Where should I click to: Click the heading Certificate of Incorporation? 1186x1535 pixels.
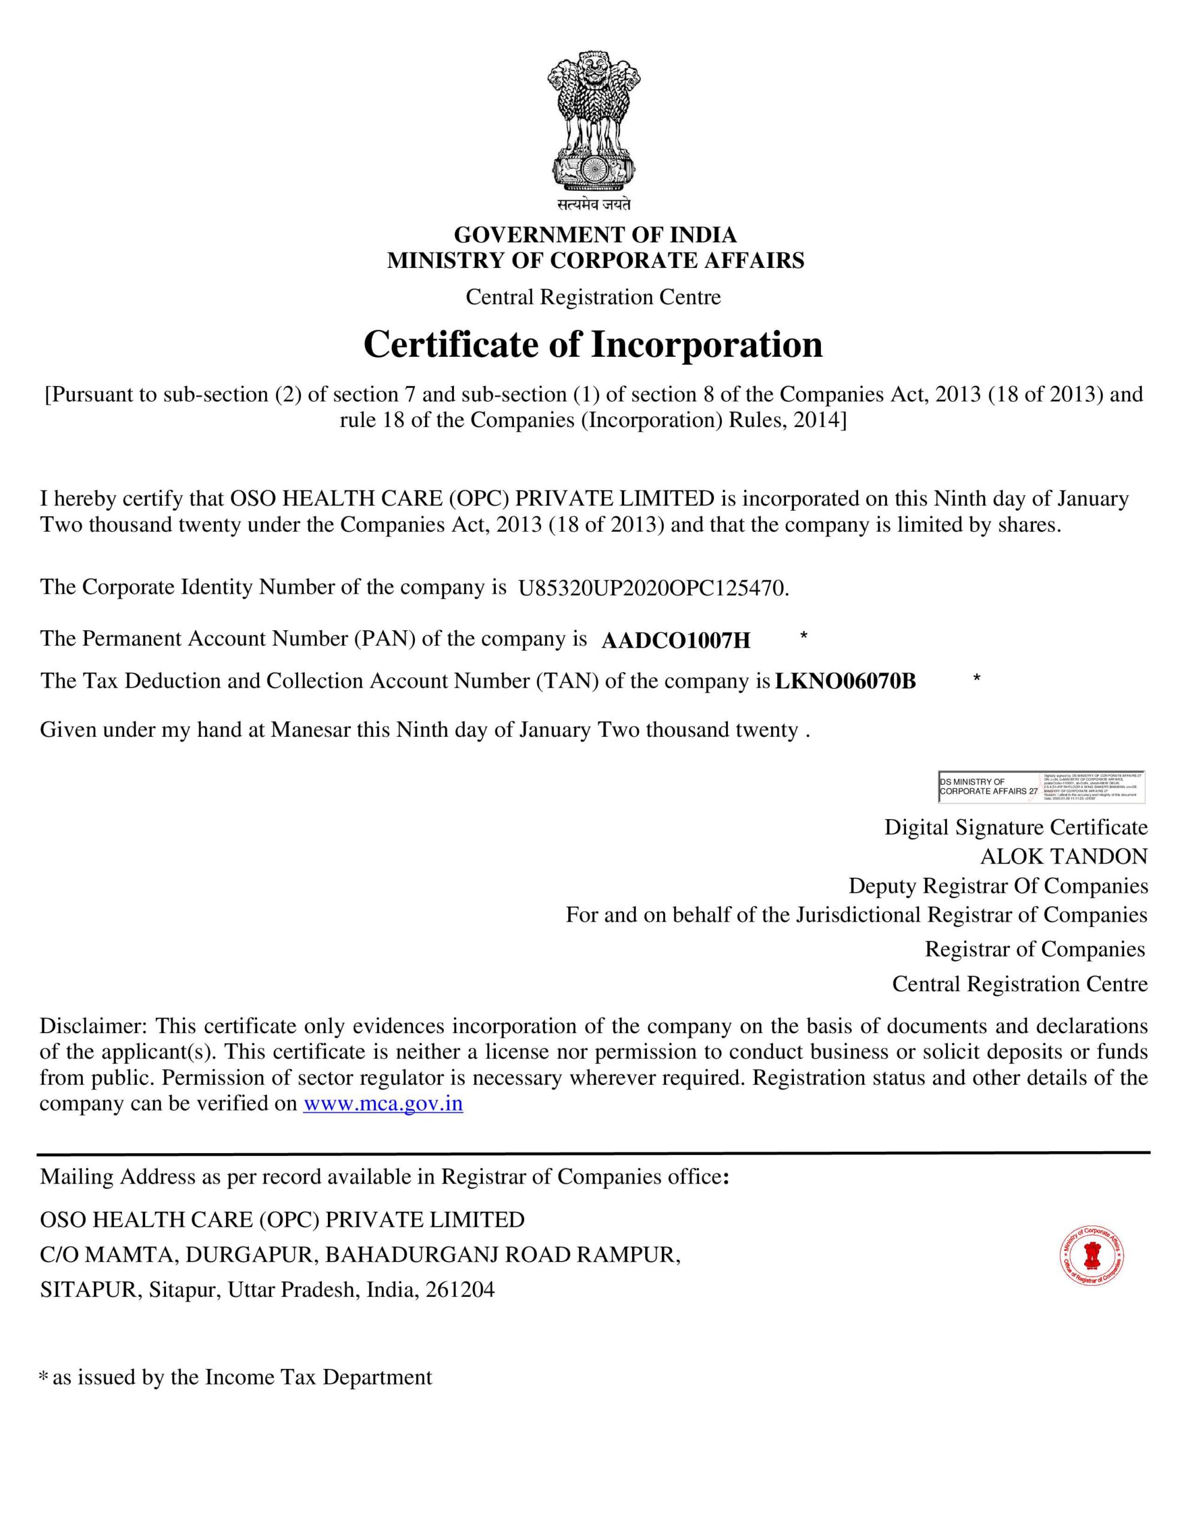592,344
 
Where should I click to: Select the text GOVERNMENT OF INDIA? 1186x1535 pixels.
595,234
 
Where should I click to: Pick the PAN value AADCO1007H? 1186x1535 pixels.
676,640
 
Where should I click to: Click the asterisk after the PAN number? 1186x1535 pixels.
803,637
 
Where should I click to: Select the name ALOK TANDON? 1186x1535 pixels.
1064,856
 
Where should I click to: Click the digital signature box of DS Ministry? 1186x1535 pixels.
1041,787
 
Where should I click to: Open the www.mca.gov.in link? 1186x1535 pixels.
383,1103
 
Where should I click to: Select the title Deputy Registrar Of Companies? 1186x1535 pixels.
998,886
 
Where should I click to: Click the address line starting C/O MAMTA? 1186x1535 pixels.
360,1254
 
